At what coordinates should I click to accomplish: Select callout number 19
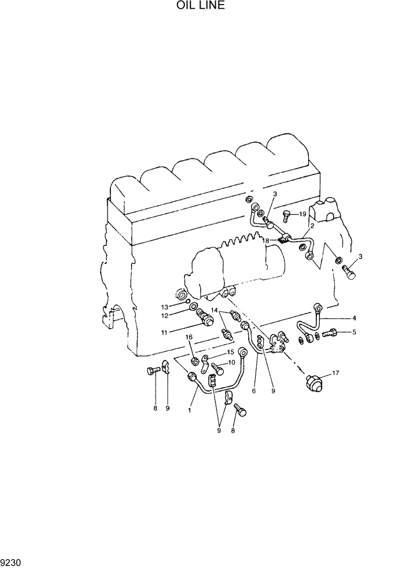point(302,214)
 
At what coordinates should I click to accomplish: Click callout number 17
point(336,373)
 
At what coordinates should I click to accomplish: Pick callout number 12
point(164,316)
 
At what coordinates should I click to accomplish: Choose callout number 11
point(164,332)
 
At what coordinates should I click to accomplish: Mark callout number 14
point(215,311)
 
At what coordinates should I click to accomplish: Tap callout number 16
point(189,337)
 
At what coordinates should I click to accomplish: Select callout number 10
point(231,363)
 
